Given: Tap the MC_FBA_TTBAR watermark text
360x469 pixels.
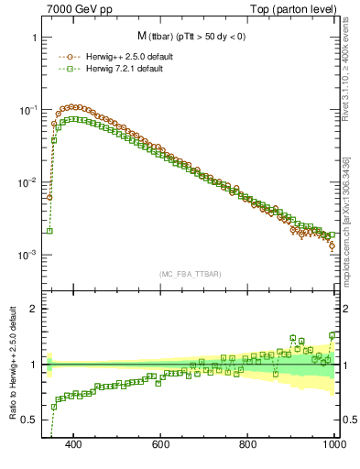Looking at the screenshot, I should point(191,275).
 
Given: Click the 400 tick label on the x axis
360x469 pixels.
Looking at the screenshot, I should point(74,444).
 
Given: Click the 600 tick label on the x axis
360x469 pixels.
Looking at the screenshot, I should point(161,444).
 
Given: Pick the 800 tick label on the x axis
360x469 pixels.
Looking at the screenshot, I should point(248,444).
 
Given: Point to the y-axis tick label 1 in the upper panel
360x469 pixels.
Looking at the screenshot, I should point(34,38).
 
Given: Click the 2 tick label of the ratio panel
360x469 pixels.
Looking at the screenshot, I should point(34,309).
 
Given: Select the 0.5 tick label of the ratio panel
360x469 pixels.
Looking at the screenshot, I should point(30,420).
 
